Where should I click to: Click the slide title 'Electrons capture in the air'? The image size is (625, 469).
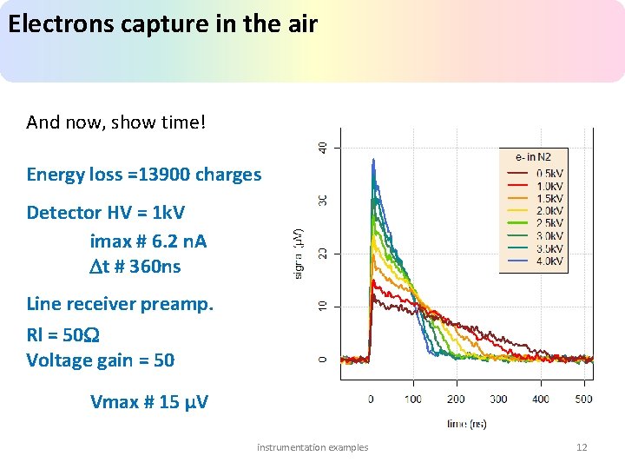(x=162, y=23)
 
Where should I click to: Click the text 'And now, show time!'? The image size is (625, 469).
(x=116, y=122)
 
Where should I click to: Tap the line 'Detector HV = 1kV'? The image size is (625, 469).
(x=105, y=213)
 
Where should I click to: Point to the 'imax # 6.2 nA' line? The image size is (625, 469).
(x=148, y=240)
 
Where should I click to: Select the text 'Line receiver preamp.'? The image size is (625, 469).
(x=120, y=304)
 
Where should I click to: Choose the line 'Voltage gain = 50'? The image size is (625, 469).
(x=100, y=360)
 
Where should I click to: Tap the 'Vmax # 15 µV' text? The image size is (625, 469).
(x=148, y=401)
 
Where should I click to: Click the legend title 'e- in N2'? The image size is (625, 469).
(x=533, y=157)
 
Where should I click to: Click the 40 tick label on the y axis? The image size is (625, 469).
(x=323, y=148)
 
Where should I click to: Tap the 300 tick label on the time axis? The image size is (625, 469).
(x=498, y=399)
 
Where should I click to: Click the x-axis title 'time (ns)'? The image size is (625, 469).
(x=467, y=424)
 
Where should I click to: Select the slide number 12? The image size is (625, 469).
(x=582, y=447)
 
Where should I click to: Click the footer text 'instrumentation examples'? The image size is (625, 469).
(x=312, y=447)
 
